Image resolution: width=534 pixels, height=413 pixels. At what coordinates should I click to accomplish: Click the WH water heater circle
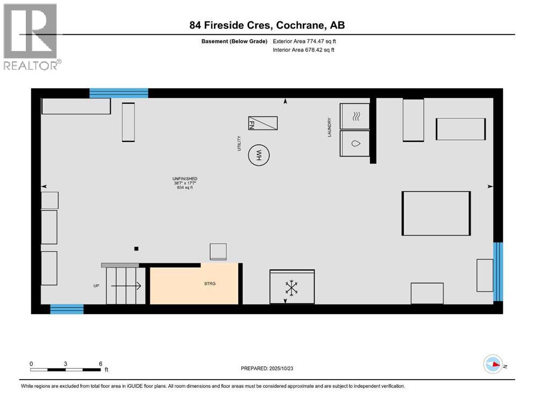tap(259, 156)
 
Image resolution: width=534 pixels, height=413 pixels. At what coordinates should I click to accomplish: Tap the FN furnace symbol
tap(262, 123)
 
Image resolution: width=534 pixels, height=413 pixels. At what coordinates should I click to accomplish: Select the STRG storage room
tap(194, 283)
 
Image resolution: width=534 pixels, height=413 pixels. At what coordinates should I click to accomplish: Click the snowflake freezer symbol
tap(291, 287)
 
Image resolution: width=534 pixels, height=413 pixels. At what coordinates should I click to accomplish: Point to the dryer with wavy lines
tap(355, 116)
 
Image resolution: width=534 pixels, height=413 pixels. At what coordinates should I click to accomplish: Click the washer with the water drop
tap(355, 144)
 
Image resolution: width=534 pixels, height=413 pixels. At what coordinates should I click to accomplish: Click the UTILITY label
tap(239, 143)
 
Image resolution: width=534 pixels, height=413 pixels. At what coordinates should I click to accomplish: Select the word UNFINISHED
tap(184, 179)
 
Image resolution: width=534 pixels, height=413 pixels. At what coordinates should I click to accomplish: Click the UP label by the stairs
tap(96, 286)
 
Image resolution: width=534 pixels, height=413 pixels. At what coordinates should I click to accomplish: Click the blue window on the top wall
tap(118, 93)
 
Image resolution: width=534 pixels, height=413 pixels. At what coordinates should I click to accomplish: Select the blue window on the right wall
tap(498, 272)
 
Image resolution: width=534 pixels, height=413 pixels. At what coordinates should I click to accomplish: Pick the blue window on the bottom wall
tap(67, 309)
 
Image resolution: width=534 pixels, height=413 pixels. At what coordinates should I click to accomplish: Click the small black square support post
tap(137, 248)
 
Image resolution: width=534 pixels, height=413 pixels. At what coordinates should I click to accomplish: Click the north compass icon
tap(493, 365)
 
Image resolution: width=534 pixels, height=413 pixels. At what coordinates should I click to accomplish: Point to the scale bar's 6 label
tap(100, 364)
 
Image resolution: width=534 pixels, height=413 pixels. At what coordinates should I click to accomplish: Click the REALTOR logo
tap(31, 36)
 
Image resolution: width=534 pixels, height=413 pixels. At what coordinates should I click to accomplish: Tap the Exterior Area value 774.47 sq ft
tap(322, 41)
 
